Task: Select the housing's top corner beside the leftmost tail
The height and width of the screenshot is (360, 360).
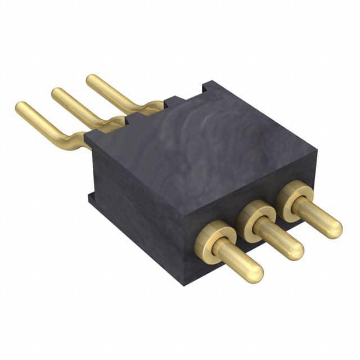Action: pos(85,135)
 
